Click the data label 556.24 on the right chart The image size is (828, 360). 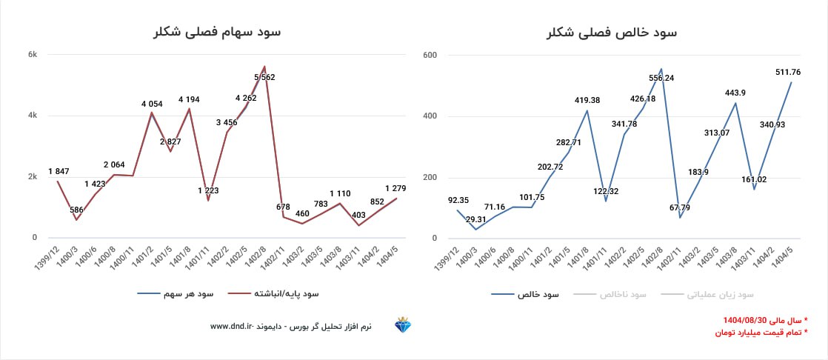661,78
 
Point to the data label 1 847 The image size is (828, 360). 59,171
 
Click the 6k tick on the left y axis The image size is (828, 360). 33,55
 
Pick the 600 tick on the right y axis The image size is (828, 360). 430,55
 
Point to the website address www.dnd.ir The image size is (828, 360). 233,326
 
